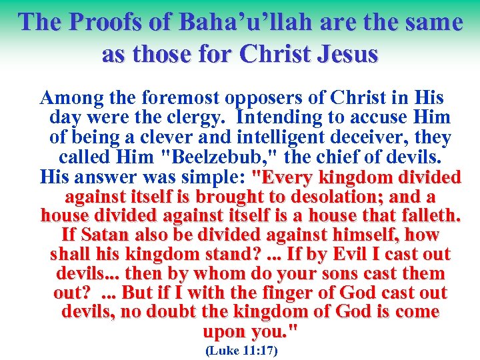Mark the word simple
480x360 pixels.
[210, 178]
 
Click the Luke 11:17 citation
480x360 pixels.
[241, 350]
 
